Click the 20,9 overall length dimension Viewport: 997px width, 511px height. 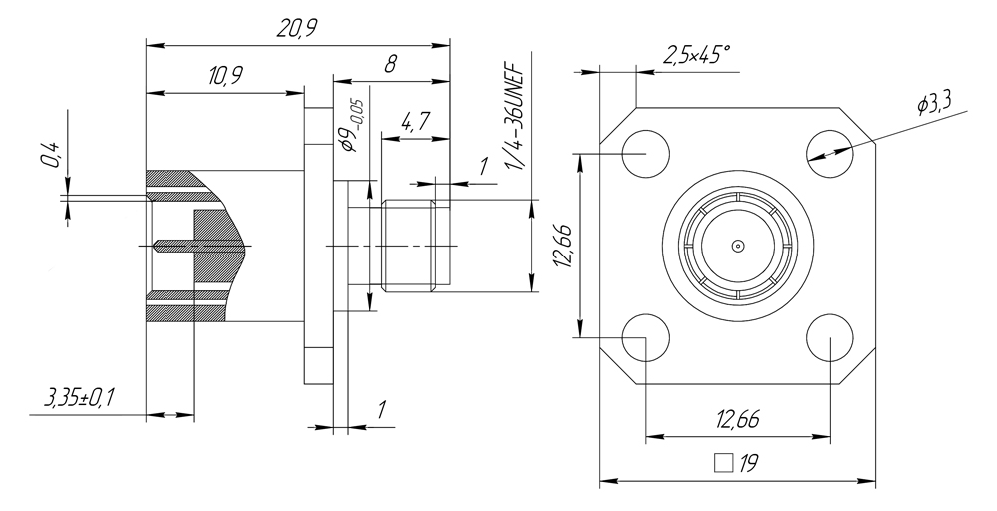tap(297, 29)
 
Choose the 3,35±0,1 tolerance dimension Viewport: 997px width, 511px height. tap(80, 400)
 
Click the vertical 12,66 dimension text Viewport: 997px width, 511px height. tap(564, 245)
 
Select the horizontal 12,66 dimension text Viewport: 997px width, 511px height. tap(738, 420)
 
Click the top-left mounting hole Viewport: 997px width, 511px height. tap(645, 154)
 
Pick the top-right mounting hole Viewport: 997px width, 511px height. tap(830, 154)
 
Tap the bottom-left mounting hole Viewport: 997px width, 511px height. tap(645, 337)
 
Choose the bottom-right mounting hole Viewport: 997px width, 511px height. tap(830, 337)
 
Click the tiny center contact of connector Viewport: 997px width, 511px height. tap(737, 246)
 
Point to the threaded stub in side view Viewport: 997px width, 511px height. tap(408, 246)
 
